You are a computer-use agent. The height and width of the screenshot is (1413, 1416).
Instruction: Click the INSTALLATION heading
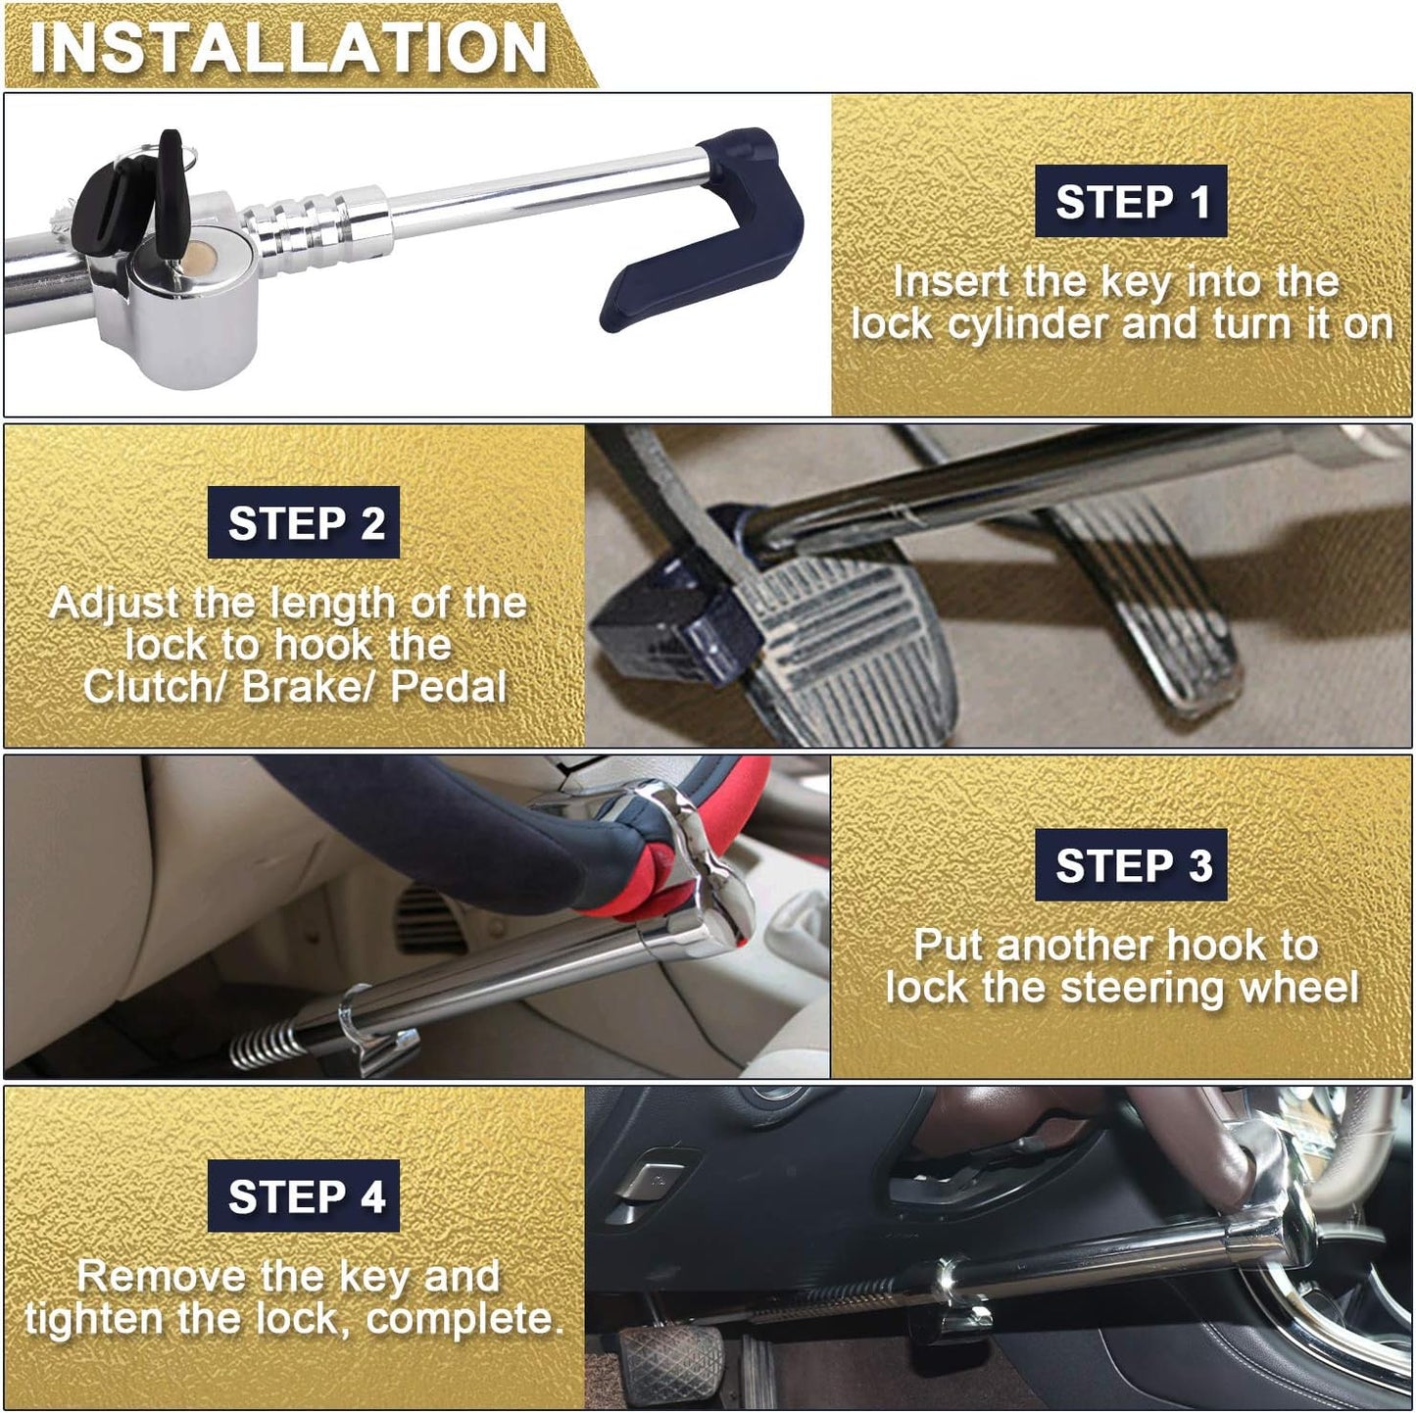pyautogui.click(x=289, y=46)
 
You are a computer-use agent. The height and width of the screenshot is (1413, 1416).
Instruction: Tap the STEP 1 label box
pyautogui.click(x=1131, y=202)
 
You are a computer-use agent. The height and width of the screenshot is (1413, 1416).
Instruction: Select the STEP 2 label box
pyautogui.click(x=304, y=523)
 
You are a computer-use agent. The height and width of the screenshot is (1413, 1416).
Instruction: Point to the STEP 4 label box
pyautogui.click(x=304, y=1196)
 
